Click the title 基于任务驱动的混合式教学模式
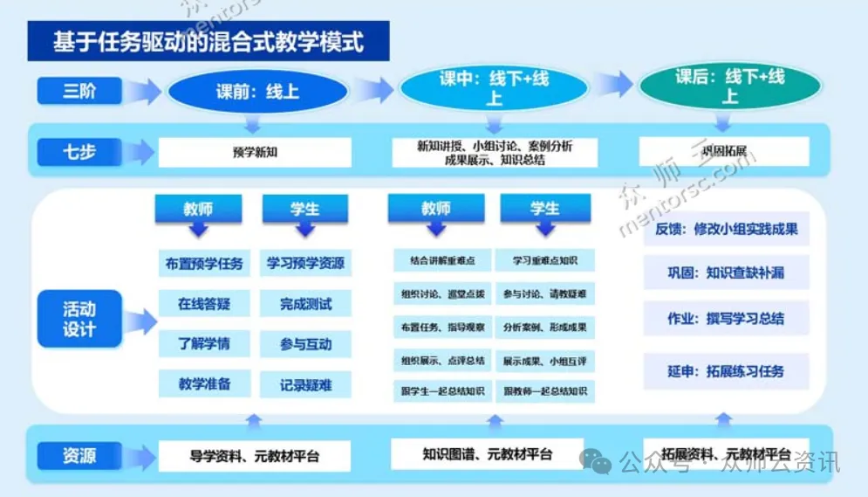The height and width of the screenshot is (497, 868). [x=208, y=42]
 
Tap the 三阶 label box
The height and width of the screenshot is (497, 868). [x=79, y=90]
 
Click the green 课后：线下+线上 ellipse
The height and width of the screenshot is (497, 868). [x=729, y=86]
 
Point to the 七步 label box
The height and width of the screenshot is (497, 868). [x=79, y=152]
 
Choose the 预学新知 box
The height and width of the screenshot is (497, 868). [x=255, y=152]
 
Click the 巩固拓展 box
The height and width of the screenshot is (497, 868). [x=723, y=151]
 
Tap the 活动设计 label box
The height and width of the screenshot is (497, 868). [x=79, y=320]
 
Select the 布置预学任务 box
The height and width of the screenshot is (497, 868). [x=205, y=263]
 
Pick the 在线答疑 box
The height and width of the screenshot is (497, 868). [x=205, y=303]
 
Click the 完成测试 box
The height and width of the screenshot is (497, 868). [x=305, y=304]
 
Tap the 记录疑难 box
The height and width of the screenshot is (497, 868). [x=305, y=384]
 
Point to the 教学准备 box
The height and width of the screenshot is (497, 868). [x=205, y=383]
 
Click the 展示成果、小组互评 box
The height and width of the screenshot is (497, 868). [x=544, y=360]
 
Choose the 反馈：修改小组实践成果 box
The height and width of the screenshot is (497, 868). [x=726, y=230]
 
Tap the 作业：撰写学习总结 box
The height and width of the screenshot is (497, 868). [x=726, y=319]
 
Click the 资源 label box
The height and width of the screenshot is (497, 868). [x=79, y=455]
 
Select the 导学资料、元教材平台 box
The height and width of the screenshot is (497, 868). [x=255, y=455]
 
